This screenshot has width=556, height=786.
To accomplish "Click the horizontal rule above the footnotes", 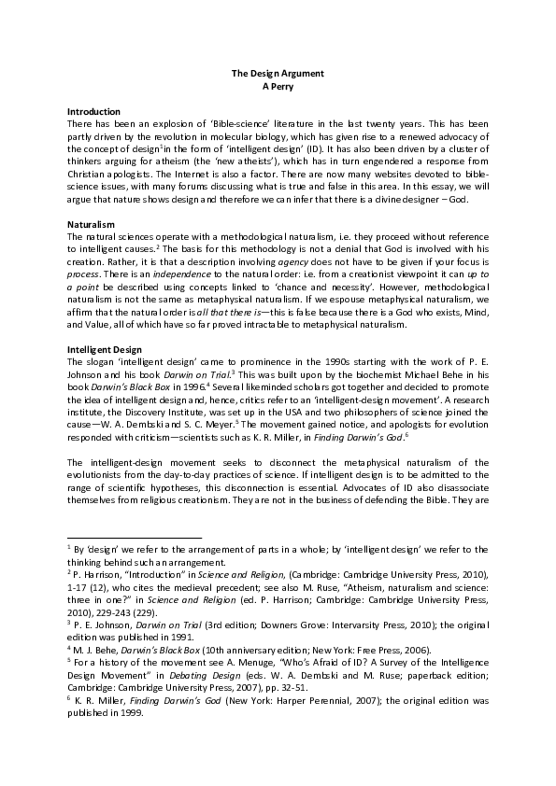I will tap(135, 539).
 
